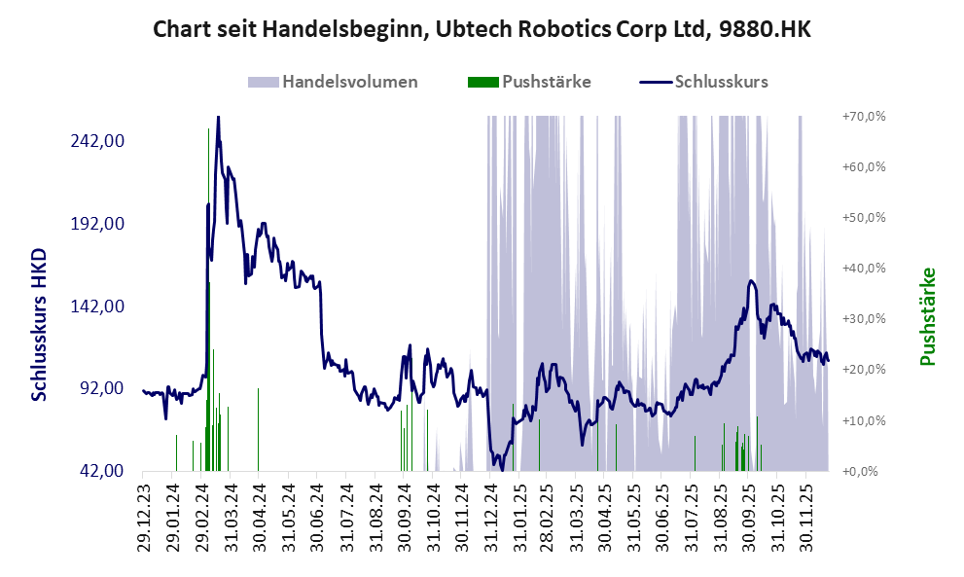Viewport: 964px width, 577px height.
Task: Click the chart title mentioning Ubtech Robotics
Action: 482,30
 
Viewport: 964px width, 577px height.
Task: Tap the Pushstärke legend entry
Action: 544,82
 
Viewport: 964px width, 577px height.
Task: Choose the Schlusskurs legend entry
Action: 721,82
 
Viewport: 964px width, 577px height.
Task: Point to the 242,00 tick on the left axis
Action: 96,140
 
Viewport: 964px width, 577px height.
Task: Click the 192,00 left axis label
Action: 96,223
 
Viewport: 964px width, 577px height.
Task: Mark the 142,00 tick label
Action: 96,306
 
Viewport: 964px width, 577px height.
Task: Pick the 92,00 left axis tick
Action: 101,388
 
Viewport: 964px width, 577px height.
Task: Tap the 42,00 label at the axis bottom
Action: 101,471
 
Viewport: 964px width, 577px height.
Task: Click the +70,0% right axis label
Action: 863,117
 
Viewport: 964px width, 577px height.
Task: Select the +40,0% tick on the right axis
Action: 863,269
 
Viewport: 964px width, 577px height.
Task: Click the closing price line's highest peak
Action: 218,117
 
